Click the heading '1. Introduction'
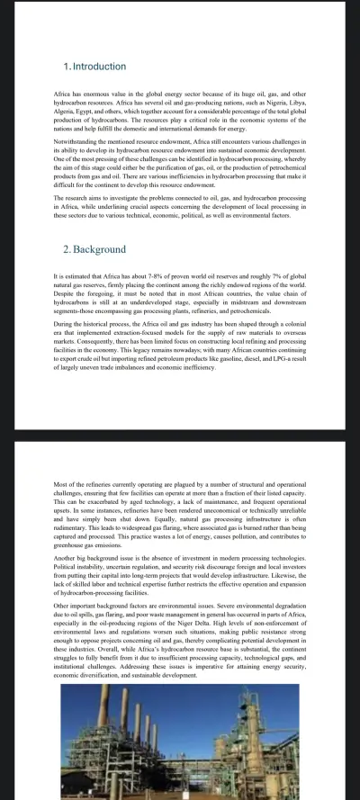[x=97, y=67]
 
